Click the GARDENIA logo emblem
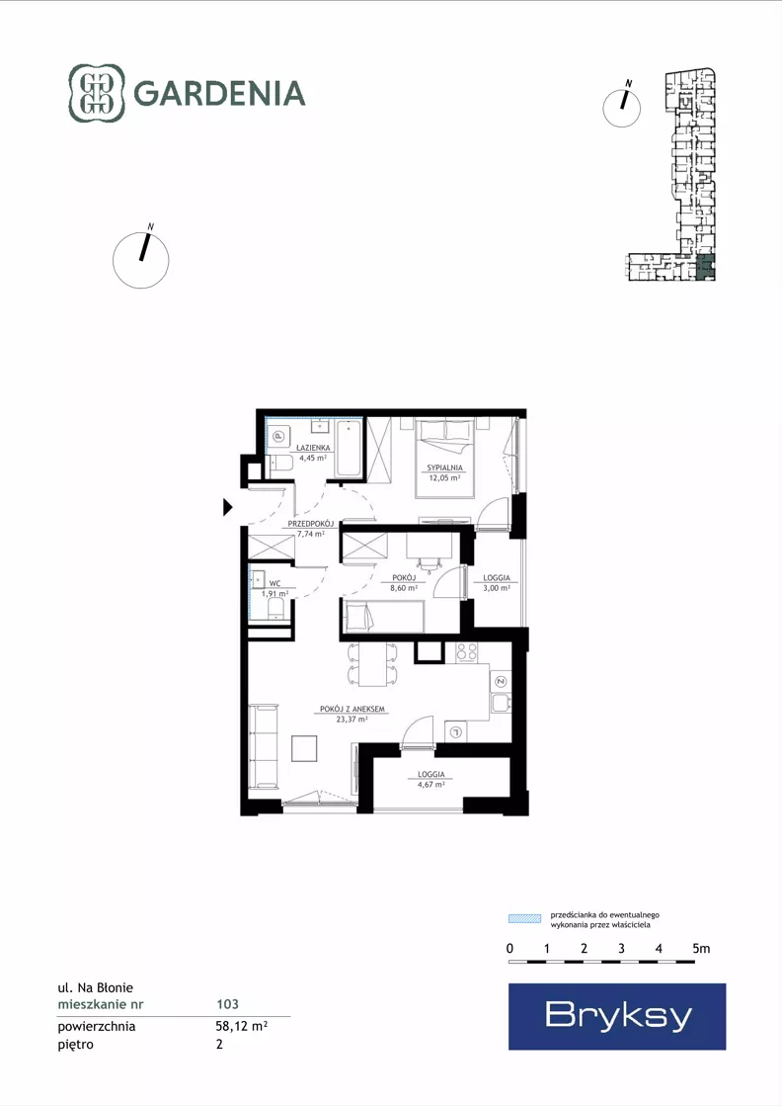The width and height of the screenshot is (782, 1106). pos(97,93)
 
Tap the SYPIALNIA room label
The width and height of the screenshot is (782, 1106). pos(444,468)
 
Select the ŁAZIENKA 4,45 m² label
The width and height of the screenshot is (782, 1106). pos(313,452)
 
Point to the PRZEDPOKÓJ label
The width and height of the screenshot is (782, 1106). pos(311,524)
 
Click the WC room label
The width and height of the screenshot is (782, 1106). pos(274,583)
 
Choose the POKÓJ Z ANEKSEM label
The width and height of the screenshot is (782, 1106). pos(352,709)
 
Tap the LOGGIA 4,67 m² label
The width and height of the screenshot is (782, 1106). pos(431,779)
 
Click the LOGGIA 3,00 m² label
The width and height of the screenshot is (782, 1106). pos(497,582)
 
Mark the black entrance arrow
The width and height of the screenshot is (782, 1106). pos(227,506)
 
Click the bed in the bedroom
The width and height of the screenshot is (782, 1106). pos(444,459)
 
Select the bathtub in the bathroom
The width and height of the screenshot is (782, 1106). pos(349,449)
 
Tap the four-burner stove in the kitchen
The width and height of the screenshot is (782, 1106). pos(466,652)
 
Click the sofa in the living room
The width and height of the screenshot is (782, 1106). pos(263,746)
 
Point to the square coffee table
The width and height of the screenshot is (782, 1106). pos(304,748)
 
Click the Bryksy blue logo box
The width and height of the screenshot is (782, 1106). pos(617,1016)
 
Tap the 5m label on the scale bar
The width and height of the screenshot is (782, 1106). pos(701,948)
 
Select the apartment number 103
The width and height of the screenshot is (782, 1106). pos(227,1004)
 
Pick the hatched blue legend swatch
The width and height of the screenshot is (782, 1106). pos(525,918)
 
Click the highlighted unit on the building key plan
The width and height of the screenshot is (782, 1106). pos(705,268)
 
